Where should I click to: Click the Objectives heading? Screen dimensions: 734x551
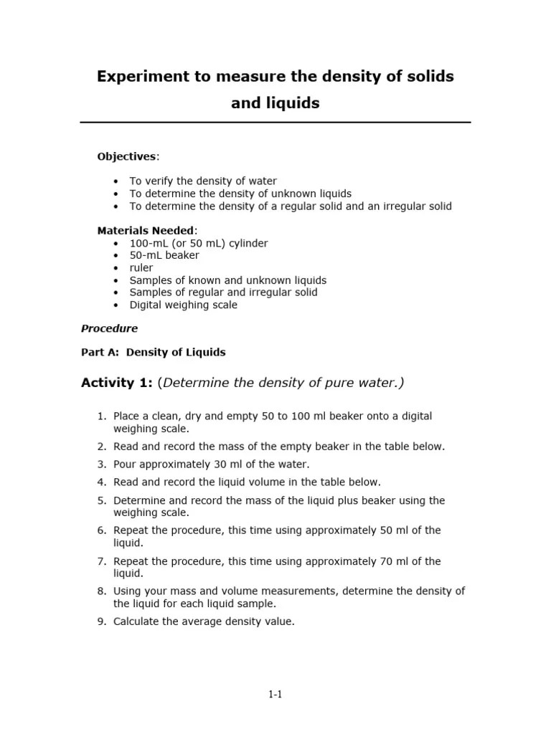coord(127,156)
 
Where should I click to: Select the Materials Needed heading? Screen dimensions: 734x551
coord(146,230)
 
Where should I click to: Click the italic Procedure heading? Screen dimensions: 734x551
coord(109,328)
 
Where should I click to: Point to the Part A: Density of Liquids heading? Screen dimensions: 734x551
coord(154,352)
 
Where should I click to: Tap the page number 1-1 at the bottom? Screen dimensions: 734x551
coord(275,694)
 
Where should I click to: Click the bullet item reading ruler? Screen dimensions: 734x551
coord(141,267)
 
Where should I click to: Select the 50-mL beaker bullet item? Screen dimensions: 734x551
coord(164,255)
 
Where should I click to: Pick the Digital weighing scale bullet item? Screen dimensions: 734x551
coord(183,305)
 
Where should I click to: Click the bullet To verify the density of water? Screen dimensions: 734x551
coord(203,181)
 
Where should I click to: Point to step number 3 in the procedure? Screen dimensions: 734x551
coord(101,464)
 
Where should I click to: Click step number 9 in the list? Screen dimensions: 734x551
coord(101,621)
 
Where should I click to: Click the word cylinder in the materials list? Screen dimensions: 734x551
coord(246,243)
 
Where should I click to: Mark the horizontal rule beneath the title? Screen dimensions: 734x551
coord(275,123)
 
